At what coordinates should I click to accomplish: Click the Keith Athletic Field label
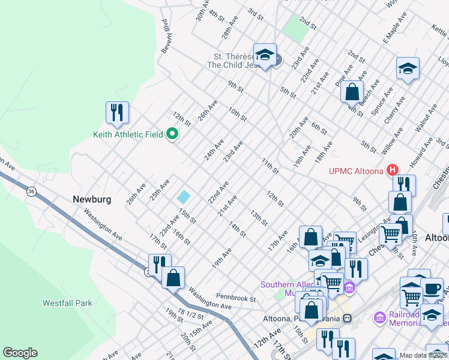(128, 134)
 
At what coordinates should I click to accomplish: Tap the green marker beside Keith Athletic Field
(172, 134)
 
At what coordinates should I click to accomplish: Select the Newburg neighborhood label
(92, 199)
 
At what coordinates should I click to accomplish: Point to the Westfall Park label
(67, 303)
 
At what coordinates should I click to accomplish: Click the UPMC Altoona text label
(355, 170)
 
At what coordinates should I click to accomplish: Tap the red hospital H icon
(393, 170)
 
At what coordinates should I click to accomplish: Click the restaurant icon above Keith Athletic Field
(118, 112)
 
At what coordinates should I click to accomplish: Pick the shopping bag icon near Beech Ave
(352, 92)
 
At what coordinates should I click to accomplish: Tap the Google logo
(20, 353)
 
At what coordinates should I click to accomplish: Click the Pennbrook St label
(236, 298)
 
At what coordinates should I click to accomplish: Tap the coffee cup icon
(432, 289)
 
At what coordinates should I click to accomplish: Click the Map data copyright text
(423, 355)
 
